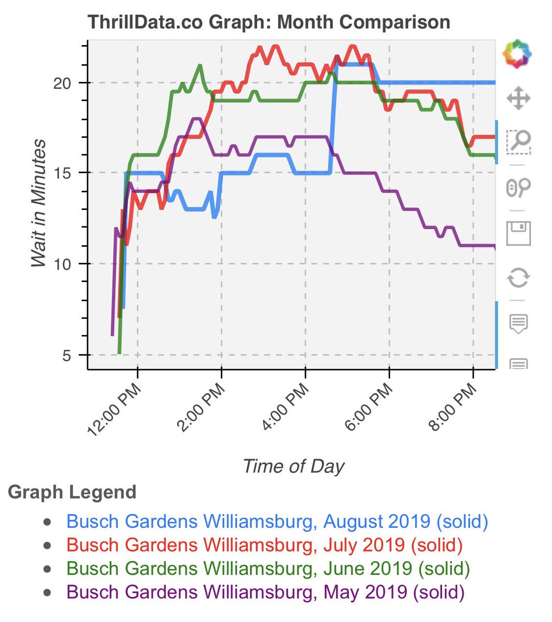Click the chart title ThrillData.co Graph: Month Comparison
(268, 22)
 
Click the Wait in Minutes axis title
(39, 203)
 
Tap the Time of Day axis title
(293, 466)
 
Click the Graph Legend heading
(72, 492)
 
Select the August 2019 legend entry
(277, 521)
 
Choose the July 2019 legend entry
(264, 545)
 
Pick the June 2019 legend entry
(268, 568)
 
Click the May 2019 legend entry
(265, 591)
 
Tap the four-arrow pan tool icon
(518, 98)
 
